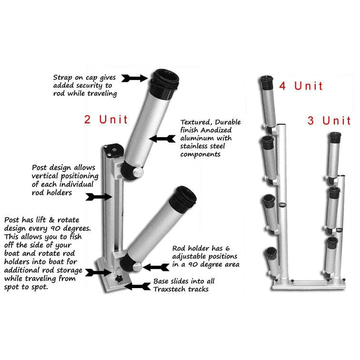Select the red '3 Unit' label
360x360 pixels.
pyautogui.click(x=329, y=121)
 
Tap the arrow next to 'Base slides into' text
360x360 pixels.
pyautogui.click(x=138, y=287)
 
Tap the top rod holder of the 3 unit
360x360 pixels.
pyautogui.click(x=334, y=155)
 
